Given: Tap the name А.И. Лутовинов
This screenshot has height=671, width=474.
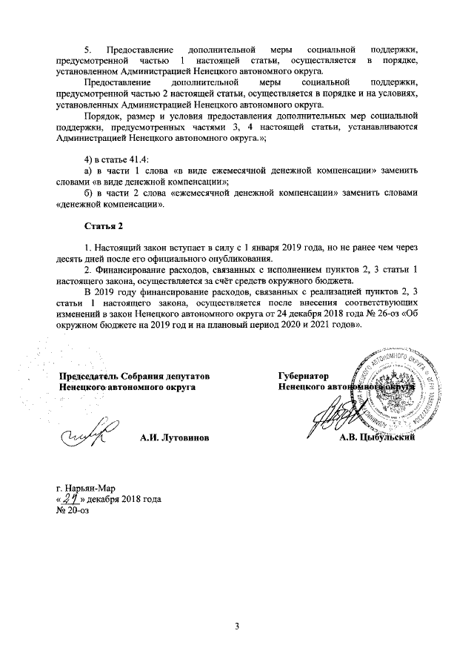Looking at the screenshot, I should click(x=174, y=439).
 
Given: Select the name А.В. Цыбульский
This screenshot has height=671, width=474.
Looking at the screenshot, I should click(x=375, y=439).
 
